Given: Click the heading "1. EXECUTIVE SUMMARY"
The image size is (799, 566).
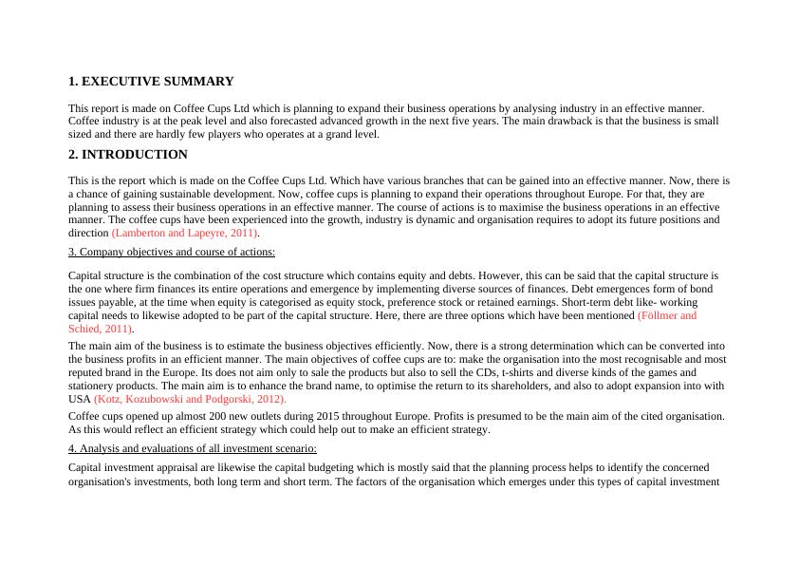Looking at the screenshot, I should point(151,82).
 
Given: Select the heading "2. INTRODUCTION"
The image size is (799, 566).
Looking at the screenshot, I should point(128,154).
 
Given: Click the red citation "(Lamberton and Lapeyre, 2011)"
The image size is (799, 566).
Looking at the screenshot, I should point(185,233).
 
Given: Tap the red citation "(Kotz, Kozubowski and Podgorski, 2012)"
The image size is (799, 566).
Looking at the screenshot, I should point(190,400).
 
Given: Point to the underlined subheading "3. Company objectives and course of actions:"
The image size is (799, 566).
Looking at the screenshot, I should point(172,253).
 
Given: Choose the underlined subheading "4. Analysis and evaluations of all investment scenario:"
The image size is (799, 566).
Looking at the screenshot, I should point(193,448).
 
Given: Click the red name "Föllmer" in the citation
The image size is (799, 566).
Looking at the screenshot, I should point(660,315).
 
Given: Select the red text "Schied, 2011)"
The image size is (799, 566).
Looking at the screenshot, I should point(100,329).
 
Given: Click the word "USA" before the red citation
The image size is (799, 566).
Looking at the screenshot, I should point(80,400).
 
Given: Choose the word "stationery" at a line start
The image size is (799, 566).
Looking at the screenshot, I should point(92,387).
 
